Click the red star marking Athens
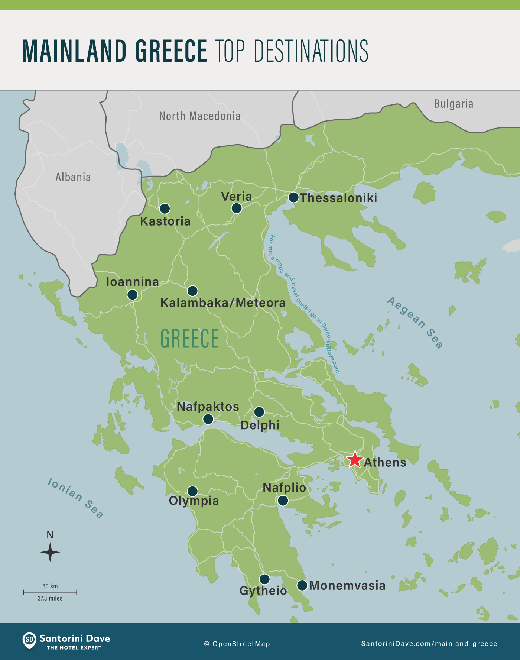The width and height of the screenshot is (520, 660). pos(355,460)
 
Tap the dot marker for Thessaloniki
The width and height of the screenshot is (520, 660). pos(293,197)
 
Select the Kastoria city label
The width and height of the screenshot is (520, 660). pos(165,221)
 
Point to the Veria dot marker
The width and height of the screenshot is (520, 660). pos(237,208)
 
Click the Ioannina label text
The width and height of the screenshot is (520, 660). pos(132,282)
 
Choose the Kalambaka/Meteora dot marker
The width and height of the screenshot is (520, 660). pos(192,291)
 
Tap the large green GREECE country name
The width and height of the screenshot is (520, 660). pos(189,339)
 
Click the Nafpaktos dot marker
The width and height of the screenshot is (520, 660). pos(208,419)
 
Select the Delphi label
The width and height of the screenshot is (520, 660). pos(260,425)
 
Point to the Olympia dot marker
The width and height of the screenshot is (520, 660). pos(192,491)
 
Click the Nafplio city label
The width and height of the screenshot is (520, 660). pos(284,488)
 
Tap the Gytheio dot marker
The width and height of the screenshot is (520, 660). pos(264,579)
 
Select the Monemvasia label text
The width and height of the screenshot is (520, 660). pos(347,586)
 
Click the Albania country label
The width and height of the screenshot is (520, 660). pos(73,177)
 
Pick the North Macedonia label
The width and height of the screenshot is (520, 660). pos(200,116)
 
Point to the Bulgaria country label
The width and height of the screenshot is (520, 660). pos(454,104)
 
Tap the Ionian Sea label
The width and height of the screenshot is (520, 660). pos(75,498)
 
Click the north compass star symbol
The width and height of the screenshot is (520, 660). pos(50,552)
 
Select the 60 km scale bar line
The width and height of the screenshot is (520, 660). pos(50,592)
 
